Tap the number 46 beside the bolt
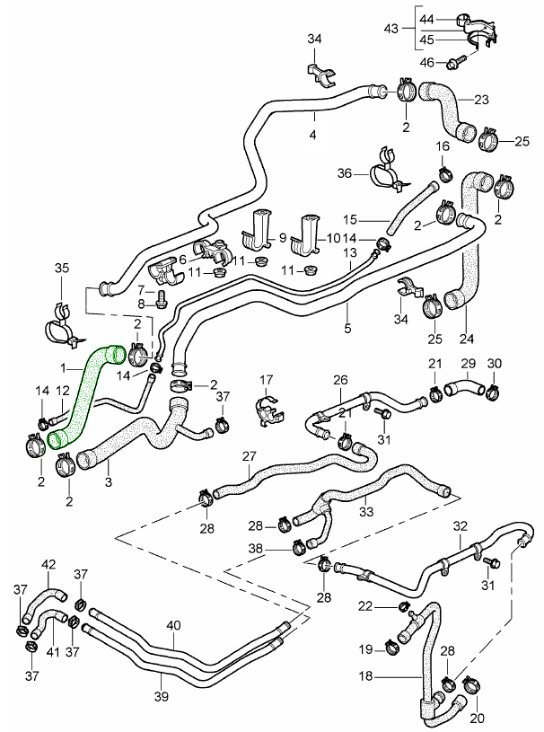427,62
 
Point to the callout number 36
343,174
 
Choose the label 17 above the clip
266,379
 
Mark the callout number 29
468,363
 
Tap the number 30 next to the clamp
495,363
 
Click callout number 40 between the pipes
173,625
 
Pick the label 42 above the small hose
48,564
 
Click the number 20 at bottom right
476,717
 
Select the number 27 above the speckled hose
250,455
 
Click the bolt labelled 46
458,61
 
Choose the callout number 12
63,391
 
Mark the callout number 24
465,340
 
